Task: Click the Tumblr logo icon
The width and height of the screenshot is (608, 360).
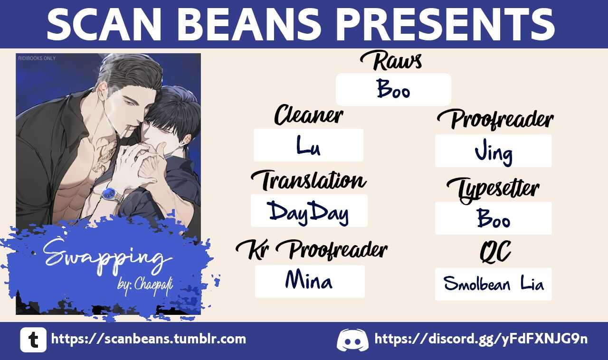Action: pos(33,340)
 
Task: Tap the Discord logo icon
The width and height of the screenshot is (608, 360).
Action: pos(352,340)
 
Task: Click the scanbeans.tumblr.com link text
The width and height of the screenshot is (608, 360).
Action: pos(149,339)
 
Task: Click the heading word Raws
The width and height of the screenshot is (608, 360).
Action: pos(391,61)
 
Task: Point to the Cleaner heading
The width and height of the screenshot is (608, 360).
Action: pos(309,115)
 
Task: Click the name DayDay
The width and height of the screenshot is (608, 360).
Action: pos(309,213)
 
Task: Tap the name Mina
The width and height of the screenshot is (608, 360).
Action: pos(309,280)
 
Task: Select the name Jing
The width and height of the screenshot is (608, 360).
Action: pos(494,154)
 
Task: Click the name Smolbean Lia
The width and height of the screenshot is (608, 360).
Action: pos(494,284)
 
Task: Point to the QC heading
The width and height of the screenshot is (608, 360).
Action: pos(495,252)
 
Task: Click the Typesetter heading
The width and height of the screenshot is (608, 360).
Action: pos(493,190)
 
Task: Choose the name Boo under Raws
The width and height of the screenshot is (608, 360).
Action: pos(393,89)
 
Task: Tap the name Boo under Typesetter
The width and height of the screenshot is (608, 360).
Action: pos(494,218)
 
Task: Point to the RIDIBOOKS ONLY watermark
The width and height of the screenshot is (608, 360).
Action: pos(37,58)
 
